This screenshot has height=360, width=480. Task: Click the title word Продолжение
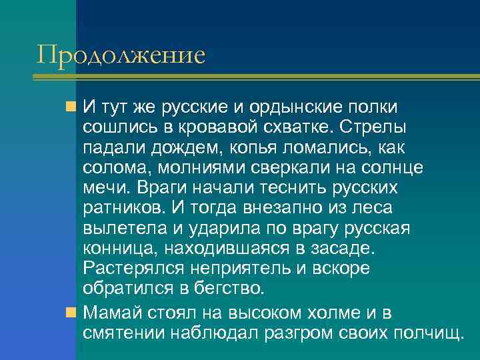pos(121,55)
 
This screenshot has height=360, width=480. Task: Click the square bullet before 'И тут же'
pos(71,107)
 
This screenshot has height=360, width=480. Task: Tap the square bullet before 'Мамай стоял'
pos(71,311)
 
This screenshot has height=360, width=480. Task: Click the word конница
pos(114,248)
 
